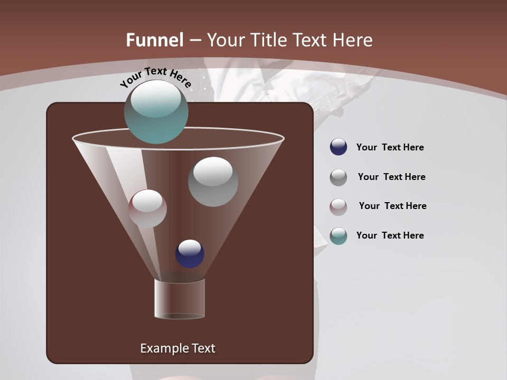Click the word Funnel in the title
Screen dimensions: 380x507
tap(154, 40)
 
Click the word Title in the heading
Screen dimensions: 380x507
tap(269, 40)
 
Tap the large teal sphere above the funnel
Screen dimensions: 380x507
tap(156, 112)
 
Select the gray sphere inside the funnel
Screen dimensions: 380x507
tap(213, 182)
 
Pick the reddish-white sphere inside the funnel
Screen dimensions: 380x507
tap(147, 208)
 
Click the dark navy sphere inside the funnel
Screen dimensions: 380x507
tap(190, 254)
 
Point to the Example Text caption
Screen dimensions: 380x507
tap(177, 348)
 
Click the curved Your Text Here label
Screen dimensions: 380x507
tap(155, 77)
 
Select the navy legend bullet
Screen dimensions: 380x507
tap(338, 147)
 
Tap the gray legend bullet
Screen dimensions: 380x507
tap(338, 177)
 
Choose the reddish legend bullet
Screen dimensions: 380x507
tap(338, 206)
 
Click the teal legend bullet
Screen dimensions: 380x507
tap(338, 236)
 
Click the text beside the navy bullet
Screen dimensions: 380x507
tap(390, 147)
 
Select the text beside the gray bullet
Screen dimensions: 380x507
tap(391, 177)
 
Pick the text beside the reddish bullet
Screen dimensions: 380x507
tap(392, 206)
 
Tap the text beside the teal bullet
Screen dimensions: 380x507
tap(390, 235)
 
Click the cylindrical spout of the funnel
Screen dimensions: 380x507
tap(180, 299)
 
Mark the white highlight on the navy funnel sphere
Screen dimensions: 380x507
tap(190, 246)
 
